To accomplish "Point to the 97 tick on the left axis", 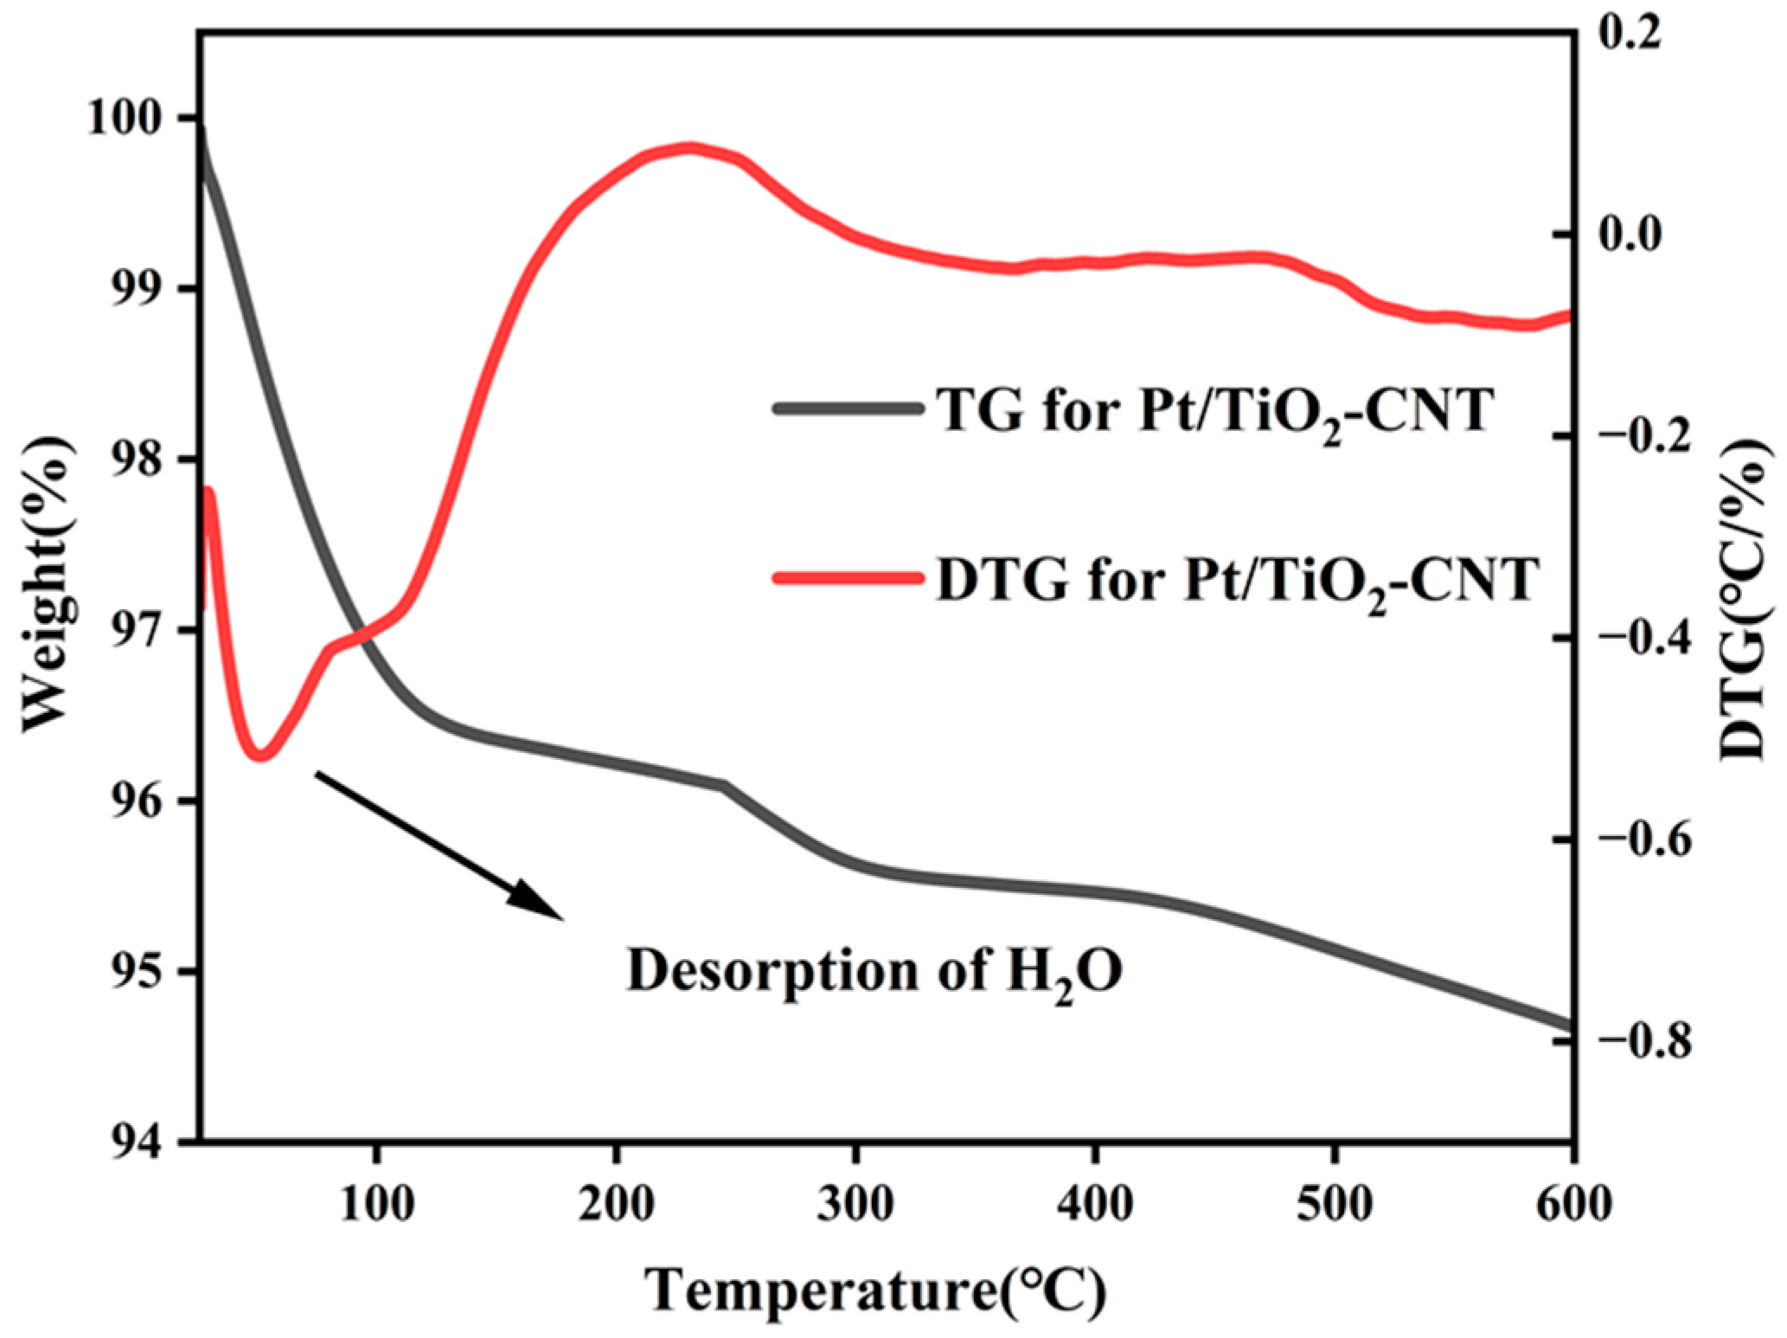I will [x=139, y=630].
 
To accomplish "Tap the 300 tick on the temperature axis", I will [x=855, y=1203].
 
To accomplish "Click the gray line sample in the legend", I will [x=846, y=408].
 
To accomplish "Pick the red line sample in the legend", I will [x=846, y=578].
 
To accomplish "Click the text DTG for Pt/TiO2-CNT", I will [x=1237, y=580].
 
